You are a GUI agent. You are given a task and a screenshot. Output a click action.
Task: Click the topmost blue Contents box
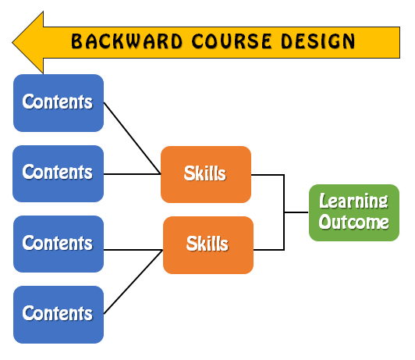click(59, 102)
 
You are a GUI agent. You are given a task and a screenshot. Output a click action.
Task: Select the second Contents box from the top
click(59, 173)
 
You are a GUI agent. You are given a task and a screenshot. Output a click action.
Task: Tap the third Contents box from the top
click(59, 244)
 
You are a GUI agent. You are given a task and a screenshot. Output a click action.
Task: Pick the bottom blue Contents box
click(59, 314)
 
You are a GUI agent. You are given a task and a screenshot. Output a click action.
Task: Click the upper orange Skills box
click(206, 174)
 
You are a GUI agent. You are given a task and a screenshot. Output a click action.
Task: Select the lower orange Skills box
click(207, 245)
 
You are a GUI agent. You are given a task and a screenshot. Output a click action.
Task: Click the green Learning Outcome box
click(353, 212)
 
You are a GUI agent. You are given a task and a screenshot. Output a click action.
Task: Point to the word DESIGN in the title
click(316, 41)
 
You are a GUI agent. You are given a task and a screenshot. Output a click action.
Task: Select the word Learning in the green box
click(353, 201)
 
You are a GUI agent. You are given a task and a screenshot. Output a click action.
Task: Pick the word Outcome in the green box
click(353, 223)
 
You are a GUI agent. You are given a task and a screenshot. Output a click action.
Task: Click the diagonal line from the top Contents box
click(131, 137)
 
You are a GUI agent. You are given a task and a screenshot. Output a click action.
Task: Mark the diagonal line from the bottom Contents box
click(133, 281)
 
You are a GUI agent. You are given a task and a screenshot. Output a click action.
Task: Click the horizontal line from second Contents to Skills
click(132, 174)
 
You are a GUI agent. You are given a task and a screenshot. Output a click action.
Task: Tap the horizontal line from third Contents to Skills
click(133, 250)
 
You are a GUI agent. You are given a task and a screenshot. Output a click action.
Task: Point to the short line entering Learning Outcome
click(296, 212)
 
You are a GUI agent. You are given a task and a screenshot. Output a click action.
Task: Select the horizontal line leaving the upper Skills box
click(268, 175)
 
